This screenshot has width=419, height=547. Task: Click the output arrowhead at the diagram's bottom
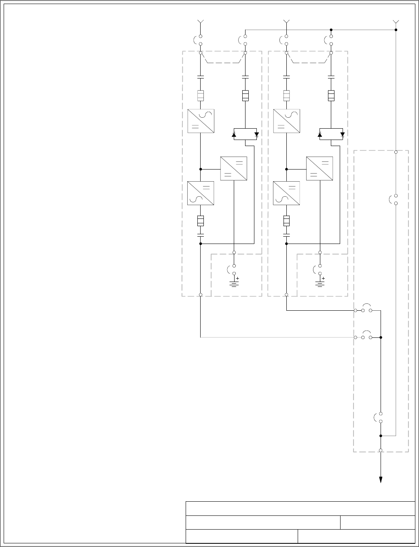pos(381,480)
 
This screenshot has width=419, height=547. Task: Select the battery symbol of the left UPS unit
pos(234,282)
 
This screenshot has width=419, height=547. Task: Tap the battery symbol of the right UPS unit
pos(320,282)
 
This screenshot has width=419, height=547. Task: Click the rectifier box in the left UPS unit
pos(201,121)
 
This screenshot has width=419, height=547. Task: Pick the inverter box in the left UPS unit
pos(201,193)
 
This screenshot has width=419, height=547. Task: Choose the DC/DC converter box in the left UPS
pos(233,168)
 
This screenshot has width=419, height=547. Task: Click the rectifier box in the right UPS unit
pos(286,121)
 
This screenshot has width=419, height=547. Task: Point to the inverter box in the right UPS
pos(286,193)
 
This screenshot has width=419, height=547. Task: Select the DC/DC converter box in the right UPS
pos(320,168)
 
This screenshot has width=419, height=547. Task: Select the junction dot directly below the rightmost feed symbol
pos(396,30)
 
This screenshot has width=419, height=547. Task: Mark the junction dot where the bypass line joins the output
pos(381,436)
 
